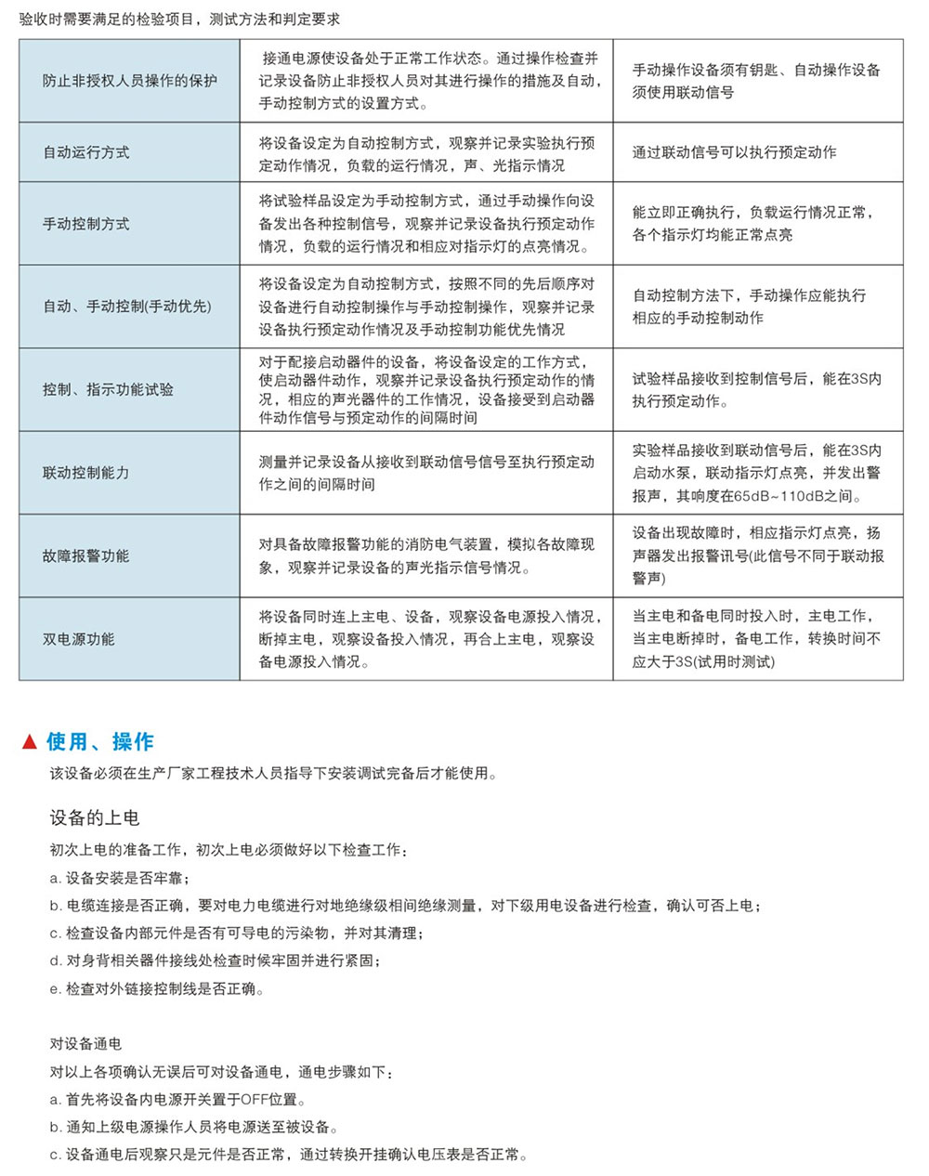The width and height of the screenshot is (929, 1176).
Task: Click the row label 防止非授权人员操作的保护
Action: click(129, 81)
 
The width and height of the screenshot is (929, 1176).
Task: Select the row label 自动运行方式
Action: click(86, 152)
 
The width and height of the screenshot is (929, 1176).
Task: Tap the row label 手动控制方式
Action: click(86, 224)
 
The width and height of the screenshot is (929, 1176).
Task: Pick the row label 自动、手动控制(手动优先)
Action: click(127, 307)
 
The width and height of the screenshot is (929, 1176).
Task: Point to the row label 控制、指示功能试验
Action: click(108, 389)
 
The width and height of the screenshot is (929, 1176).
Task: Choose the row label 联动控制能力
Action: click(86, 473)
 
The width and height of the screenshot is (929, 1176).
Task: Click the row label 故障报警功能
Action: click(86, 555)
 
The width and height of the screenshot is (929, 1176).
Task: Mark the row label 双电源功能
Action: click(79, 639)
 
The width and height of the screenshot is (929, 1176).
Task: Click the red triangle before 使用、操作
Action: click(30, 742)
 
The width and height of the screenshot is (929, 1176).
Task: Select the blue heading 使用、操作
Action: click(100, 742)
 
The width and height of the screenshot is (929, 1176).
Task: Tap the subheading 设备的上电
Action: click(95, 817)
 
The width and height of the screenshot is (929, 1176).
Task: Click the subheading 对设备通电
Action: click(85, 1044)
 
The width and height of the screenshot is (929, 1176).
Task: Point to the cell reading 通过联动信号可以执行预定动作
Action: click(734, 152)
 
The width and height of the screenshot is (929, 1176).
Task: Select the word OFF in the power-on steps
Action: click(253, 1100)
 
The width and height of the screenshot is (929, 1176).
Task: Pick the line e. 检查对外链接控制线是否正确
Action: click(157, 989)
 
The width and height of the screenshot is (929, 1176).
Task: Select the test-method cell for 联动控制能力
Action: click(426, 473)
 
